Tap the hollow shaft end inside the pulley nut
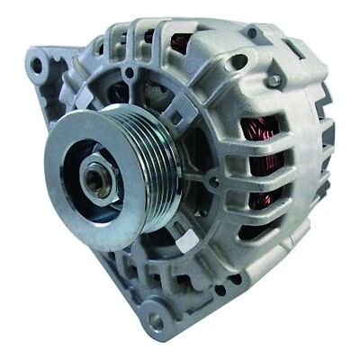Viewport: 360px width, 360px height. pos(95,179)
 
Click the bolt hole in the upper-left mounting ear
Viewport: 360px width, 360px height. pos(37,64)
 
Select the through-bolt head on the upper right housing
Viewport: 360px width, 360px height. pos(273,81)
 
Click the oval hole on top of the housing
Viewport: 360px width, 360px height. pos(238,61)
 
